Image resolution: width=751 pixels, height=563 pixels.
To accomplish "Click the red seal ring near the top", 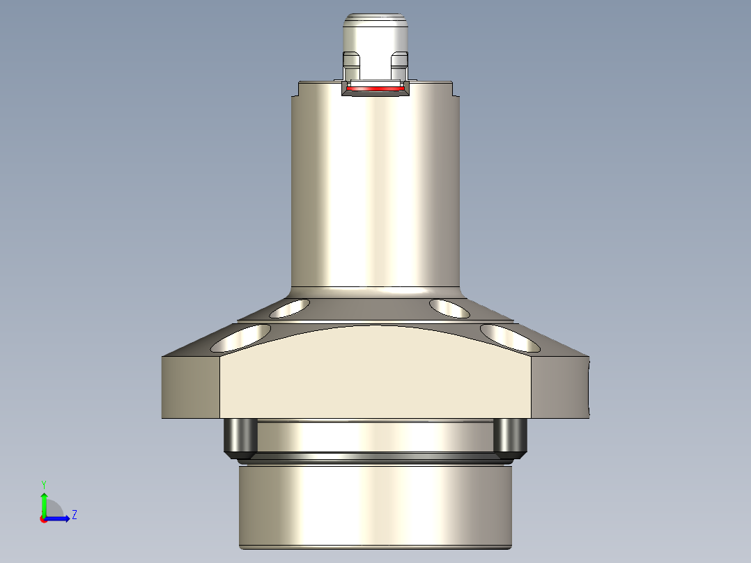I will pos(375,89).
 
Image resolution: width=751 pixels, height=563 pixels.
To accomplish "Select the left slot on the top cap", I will pos(352,65).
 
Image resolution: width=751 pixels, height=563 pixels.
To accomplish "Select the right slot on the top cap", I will pos(398,65).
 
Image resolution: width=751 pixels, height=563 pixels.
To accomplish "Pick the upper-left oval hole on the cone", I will pos(290,308).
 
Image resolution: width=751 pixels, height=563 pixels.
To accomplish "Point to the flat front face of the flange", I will pos(376,380).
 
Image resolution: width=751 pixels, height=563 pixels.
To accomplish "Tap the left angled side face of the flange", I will pos(191,387).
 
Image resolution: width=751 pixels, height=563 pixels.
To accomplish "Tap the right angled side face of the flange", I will pos(560,387).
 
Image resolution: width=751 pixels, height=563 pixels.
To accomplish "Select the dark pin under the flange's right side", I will pos(510,437).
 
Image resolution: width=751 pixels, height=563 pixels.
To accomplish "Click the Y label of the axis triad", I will pos(44,484).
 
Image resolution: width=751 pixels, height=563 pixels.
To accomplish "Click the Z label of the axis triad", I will pos(74,515).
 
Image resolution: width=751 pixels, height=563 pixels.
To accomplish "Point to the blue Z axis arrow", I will pos(60,518).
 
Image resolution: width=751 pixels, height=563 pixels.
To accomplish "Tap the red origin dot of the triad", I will pos(43,519).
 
